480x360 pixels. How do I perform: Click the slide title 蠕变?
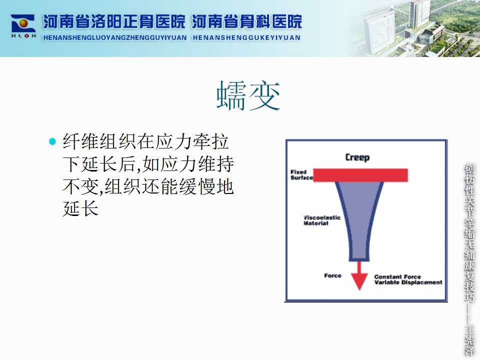(x=248, y=95)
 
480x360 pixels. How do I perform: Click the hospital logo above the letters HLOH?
(x=23, y=23)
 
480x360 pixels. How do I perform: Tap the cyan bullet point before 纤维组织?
(x=52, y=141)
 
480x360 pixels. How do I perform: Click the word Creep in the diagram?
(x=357, y=157)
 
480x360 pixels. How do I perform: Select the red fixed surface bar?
(x=360, y=175)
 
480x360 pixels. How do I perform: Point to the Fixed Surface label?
(x=301, y=175)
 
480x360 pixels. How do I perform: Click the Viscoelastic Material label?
(x=321, y=220)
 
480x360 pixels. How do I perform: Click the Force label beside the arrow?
(x=333, y=275)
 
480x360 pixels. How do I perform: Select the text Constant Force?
(x=397, y=276)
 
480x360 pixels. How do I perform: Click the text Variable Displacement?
(x=408, y=282)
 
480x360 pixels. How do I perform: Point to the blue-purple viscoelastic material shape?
(x=359, y=221)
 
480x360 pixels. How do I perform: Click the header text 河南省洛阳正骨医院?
(x=114, y=21)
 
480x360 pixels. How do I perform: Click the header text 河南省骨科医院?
(x=246, y=21)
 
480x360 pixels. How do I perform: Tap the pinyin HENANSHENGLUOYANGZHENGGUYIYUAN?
(x=115, y=37)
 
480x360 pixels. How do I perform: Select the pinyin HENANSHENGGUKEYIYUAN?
(x=246, y=37)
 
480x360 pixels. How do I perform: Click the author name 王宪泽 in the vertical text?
(x=469, y=340)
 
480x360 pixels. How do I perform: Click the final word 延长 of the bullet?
(x=81, y=209)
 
